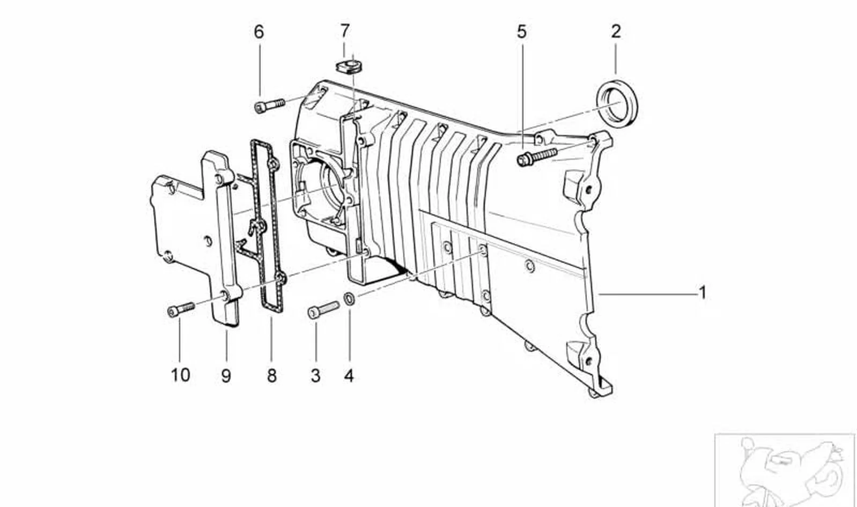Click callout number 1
tap(703, 293)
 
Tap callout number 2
tap(616, 32)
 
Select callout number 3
tap(316, 376)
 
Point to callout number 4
tap(349, 376)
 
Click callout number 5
tap(522, 32)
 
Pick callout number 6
tap(259, 32)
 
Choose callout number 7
tap(345, 31)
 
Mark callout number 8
tap(272, 376)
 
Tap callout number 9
tap(226, 376)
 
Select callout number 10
tap(180, 375)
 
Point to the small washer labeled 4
tap(349, 299)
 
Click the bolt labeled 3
tap(323, 310)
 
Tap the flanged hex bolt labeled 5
tap(537, 157)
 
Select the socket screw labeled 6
tap(269, 105)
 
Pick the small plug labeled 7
tap(349, 66)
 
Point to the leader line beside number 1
tap(647, 294)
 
